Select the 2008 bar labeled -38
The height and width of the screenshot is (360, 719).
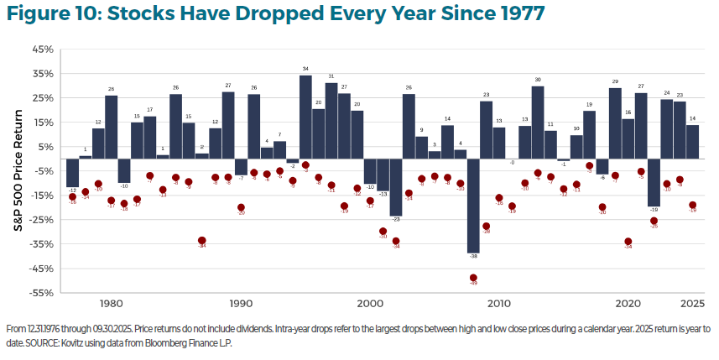click(473, 206)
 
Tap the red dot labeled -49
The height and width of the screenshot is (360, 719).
click(473, 278)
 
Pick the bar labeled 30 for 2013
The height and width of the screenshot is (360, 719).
click(538, 123)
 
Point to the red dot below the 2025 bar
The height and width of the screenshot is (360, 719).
click(693, 205)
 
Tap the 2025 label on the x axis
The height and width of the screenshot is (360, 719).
click(693, 303)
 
